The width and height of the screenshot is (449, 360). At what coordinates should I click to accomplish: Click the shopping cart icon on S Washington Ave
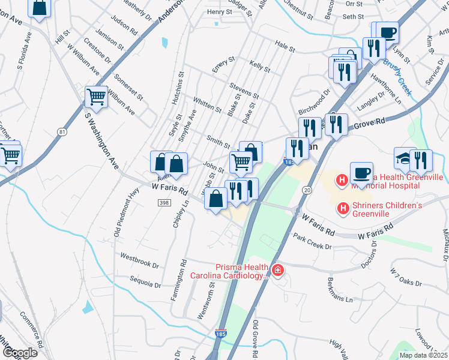[x=96, y=97]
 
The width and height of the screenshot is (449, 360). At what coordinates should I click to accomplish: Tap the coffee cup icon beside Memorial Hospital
[x=361, y=172]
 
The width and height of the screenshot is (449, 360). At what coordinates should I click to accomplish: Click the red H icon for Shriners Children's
[x=343, y=208]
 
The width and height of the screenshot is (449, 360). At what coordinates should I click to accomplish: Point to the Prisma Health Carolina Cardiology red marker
[x=277, y=271]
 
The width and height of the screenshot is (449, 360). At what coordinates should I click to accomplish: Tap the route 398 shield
[x=164, y=203]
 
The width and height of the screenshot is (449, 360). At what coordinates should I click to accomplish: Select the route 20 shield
[x=307, y=190]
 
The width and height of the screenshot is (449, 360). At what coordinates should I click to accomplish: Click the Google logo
[x=20, y=352]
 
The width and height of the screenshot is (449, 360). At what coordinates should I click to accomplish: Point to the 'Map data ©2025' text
[x=423, y=355]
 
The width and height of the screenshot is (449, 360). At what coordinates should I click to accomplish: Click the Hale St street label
[x=285, y=46]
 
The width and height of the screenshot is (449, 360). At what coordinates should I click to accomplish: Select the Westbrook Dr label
[x=139, y=260]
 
